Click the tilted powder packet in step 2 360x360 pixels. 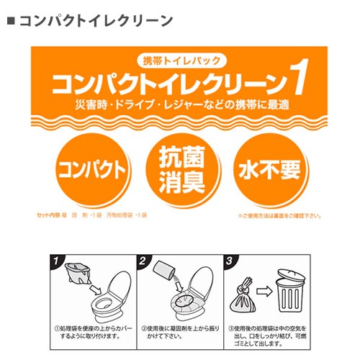tap(165, 271)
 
